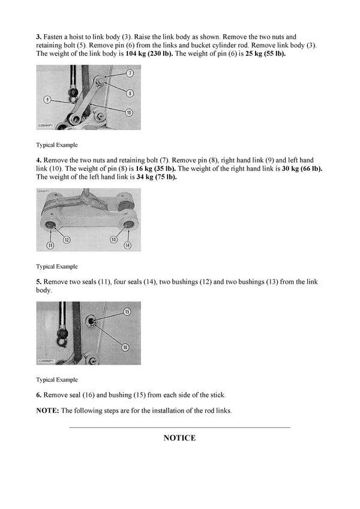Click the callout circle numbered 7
click(130, 73)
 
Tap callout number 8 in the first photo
click(130, 92)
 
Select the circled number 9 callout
click(46, 99)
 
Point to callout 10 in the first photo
click(129, 112)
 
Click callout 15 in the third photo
click(127, 311)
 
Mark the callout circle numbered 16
click(125, 346)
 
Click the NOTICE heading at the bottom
click(179, 438)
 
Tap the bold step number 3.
click(38, 37)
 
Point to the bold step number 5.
click(38, 281)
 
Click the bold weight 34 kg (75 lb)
click(157, 177)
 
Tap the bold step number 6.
click(38, 394)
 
